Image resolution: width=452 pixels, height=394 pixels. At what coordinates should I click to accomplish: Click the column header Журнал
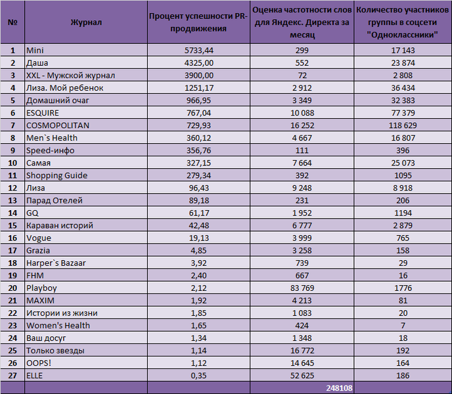click(x=86, y=22)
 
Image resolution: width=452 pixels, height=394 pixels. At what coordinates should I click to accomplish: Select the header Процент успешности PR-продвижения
click(x=198, y=22)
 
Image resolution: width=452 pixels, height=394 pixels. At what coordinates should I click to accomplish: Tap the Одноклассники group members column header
click(x=403, y=22)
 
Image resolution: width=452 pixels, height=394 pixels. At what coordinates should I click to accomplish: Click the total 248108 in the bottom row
click(x=339, y=388)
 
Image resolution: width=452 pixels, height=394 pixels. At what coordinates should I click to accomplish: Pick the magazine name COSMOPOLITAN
click(x=58, y=125)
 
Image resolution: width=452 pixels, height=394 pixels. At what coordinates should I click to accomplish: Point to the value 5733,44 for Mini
click(x=199, y=51)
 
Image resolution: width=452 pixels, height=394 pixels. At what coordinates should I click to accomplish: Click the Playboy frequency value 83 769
click(x=302, y=288)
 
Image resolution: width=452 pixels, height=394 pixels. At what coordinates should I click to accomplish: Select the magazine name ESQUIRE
click(x=42, y=113)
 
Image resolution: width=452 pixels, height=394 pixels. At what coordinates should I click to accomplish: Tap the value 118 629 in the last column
click(x=403, y=125)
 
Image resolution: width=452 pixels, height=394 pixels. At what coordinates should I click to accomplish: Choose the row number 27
click(x=12, y=376)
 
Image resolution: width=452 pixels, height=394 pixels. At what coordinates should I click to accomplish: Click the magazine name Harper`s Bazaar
click(x=56, y=263)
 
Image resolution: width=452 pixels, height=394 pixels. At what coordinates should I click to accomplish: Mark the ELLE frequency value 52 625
click(x=302, y=376)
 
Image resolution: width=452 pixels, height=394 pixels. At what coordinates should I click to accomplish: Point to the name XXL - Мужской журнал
click(x=71, y=76)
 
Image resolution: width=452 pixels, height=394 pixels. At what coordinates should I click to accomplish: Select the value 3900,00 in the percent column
click(x=199, y=76)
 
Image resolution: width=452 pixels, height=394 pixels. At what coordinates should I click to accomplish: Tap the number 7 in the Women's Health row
click(x=403, y=326)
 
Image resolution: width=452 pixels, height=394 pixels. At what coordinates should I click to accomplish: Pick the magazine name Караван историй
click(x=60, y=225)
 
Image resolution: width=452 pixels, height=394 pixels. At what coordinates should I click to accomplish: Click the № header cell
click(x=12, y=22)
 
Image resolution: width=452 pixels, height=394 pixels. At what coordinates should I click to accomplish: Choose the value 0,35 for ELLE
click(x=198, y=376)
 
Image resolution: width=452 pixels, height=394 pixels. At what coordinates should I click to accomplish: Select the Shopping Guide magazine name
click(x=56, y=175)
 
